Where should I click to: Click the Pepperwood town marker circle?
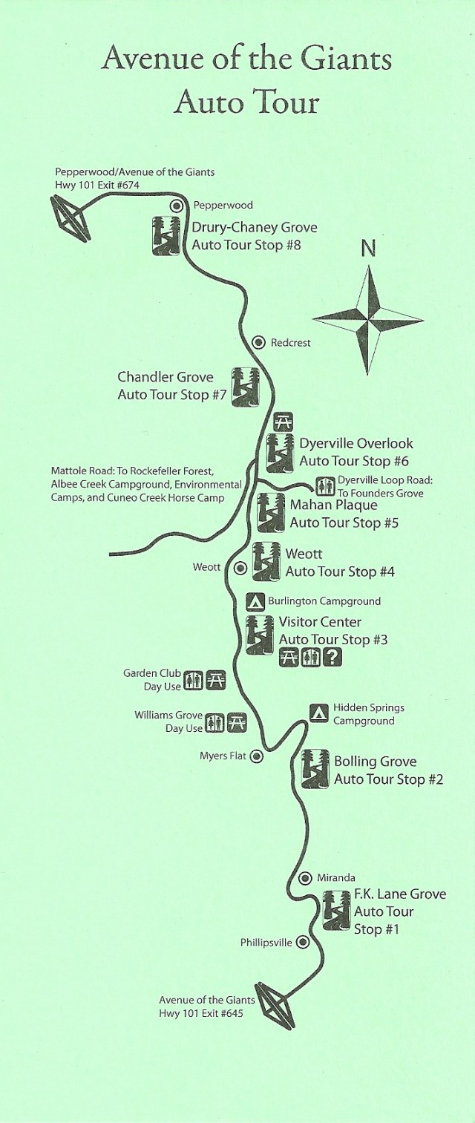pos(177,206)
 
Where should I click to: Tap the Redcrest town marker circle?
pos(258,342)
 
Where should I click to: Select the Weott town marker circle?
pos(240,569)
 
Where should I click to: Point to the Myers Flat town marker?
pos(256,756)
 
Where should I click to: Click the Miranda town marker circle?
pos(304,878)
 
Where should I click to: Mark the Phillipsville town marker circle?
pos(302,943)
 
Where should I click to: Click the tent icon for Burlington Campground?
pos(255,600)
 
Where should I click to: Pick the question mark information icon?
pos(333,657)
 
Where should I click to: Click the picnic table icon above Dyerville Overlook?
pos(281,422)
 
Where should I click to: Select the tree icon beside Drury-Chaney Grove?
pos(166,235)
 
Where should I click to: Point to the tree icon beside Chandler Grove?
pos(244,386)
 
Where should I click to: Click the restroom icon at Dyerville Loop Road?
pos(326,485)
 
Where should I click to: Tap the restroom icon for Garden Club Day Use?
pos(194,680)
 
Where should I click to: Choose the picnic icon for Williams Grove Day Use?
pos(237,721)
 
